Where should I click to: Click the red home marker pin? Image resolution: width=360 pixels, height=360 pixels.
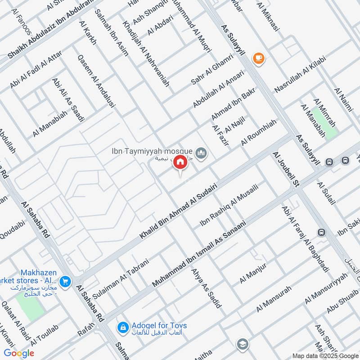click(180, 162)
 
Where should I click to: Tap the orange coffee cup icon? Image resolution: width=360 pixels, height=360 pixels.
click(258, 57)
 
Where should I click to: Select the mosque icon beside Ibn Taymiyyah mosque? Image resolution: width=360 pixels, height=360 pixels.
click(202, 154)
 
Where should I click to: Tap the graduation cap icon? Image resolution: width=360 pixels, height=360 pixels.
click(242, 344)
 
